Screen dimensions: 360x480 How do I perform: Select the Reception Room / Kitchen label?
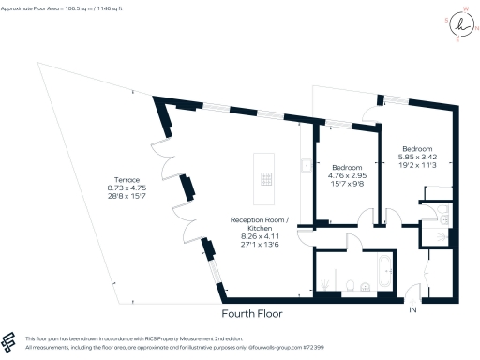(260, 224)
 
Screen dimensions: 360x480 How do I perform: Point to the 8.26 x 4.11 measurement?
(260, 238)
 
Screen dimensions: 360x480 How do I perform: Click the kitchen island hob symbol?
(267, 178)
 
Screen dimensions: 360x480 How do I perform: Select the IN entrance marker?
(412, 310)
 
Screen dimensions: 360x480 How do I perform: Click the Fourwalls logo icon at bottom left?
(10, 340)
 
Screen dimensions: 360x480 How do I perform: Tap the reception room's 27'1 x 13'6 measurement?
(260, 247)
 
